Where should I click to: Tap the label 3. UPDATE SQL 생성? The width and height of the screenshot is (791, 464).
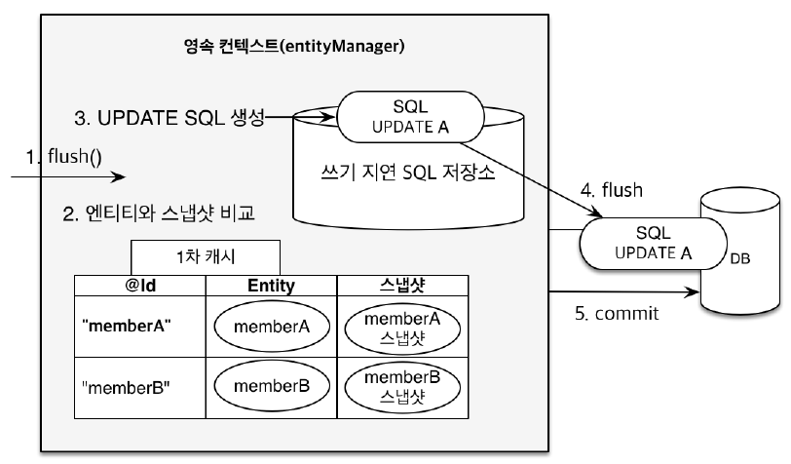pyautogui.click(x=169, y=119)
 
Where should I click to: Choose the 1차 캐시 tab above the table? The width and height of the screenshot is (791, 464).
pyautogui.click(x=206, y=258)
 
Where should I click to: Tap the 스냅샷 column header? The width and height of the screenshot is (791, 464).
pyautogui.click(x=401, y=285)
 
